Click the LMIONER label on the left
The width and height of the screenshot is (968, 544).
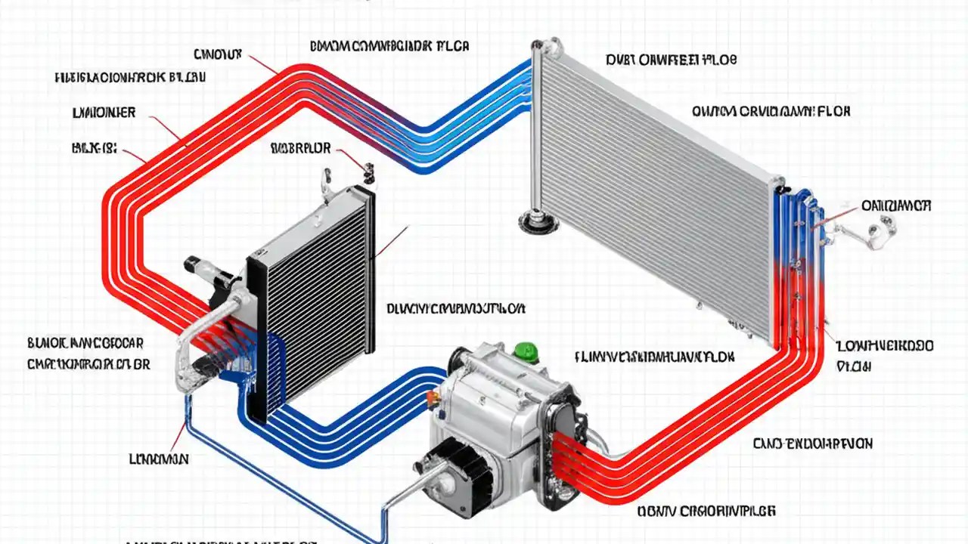pos(104,113)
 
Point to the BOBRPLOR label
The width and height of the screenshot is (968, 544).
pos(300,149)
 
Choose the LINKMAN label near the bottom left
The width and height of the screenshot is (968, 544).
pos(159,459)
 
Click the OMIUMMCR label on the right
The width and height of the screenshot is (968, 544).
pos(896,206)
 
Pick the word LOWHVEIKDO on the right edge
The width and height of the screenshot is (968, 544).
pos(885,346)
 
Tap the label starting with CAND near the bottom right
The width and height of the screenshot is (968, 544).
pos(813,444)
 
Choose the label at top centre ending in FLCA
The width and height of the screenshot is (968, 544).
pos(389,46)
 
